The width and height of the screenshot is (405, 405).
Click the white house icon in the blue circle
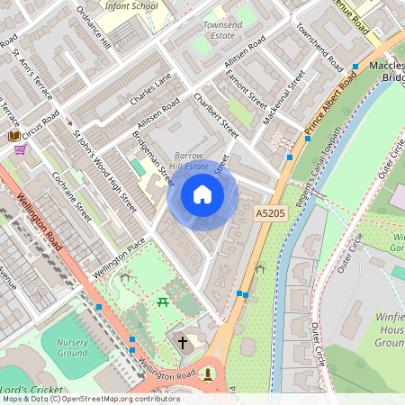click(202, 194)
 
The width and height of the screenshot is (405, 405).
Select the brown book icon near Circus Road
click(14, 135)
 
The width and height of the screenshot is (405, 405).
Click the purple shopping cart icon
click(20, 149)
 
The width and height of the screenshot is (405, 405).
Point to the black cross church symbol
click(183, 342)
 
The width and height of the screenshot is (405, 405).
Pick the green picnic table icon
click(164, 302)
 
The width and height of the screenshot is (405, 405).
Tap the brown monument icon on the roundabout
click(209, 373)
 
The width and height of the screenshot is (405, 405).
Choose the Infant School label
click(131, 5)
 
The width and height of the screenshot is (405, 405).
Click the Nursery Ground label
click(72, 347)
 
